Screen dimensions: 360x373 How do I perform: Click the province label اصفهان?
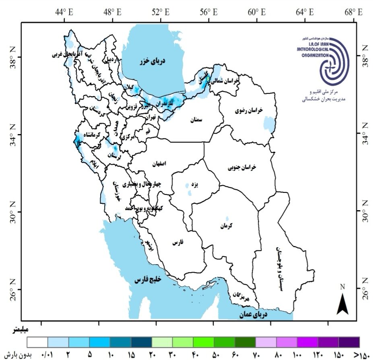159,164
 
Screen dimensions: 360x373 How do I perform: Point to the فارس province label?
177,243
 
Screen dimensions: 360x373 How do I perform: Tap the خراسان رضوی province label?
252,110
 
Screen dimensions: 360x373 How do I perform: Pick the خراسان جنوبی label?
242,166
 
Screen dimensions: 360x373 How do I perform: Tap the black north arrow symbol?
342,303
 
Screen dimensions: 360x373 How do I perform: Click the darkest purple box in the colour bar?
349,342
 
